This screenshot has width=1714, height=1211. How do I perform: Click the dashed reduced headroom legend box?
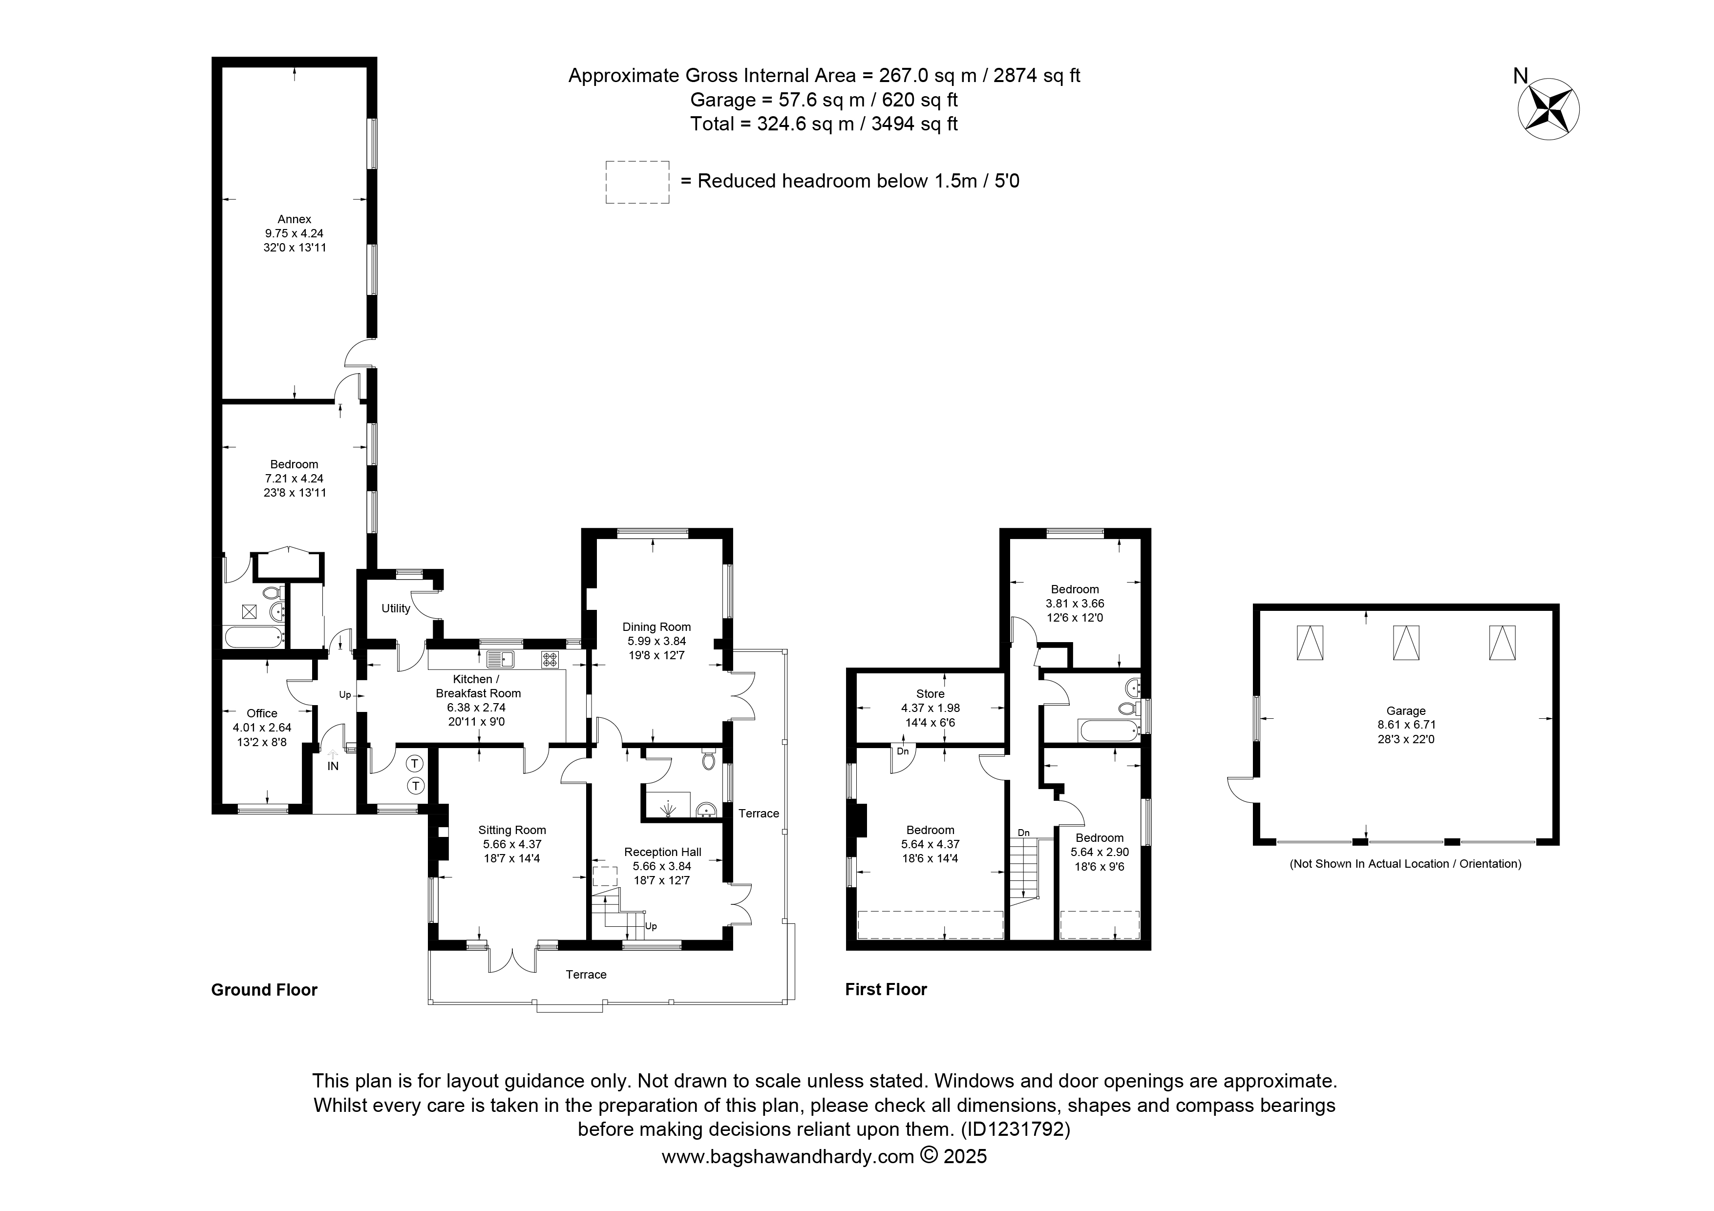click(637, 182)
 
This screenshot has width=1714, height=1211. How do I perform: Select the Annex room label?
click(294, 219)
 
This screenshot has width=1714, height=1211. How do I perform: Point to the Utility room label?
click(396, 608)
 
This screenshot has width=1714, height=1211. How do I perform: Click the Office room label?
click(262, 713)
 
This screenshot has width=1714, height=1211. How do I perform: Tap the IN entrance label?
click(333, 766)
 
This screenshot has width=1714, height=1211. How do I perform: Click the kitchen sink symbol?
click(500, 659)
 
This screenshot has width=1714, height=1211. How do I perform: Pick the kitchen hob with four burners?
click(550, 659)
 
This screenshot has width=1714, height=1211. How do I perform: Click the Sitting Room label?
click(512, 830)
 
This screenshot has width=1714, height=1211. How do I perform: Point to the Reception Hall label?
click(663, 852)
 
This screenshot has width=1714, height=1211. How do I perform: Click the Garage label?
click(1406, 711)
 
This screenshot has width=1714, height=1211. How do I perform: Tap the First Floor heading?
click(886, 989)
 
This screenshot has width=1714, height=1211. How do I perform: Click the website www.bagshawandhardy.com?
click(788, 1156)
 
